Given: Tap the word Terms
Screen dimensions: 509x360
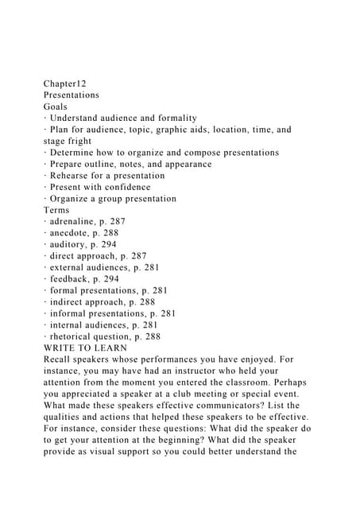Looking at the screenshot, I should pos(56,210).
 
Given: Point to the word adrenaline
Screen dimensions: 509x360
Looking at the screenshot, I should pos(75,221).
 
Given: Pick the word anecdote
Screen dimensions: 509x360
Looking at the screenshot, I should pos(72,233).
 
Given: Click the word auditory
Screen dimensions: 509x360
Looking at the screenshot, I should pos(70,244).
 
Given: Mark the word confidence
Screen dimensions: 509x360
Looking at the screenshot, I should pos(126,187).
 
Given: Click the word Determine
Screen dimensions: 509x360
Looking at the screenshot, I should pos(75,152).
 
